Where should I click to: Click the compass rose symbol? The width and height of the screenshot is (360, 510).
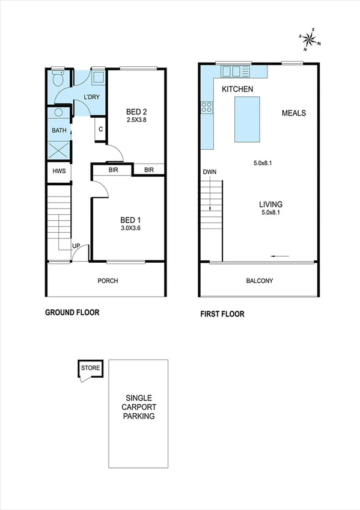pos(310,39)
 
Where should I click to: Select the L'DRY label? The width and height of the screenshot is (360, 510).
pos(91,97)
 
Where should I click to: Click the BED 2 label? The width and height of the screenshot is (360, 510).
pos(136,111)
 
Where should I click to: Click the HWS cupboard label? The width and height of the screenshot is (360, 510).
pos(58,171)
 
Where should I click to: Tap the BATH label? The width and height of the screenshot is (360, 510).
pos(59,130)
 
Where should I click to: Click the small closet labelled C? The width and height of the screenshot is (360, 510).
pos(100,129)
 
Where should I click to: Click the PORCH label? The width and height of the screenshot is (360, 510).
pos(108,280)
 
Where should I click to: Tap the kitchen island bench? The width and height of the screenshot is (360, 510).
pos(248,120)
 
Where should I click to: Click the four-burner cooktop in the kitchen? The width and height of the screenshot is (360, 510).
pos(206,107)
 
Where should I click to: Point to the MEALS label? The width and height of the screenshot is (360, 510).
pos(294,113)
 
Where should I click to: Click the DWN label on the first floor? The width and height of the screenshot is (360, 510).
pos(209,172)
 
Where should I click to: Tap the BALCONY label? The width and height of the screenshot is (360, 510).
pos(259,281)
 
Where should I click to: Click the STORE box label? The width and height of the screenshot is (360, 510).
pos(91,367)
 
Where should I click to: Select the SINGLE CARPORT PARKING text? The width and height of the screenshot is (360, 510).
pos(139,407)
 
